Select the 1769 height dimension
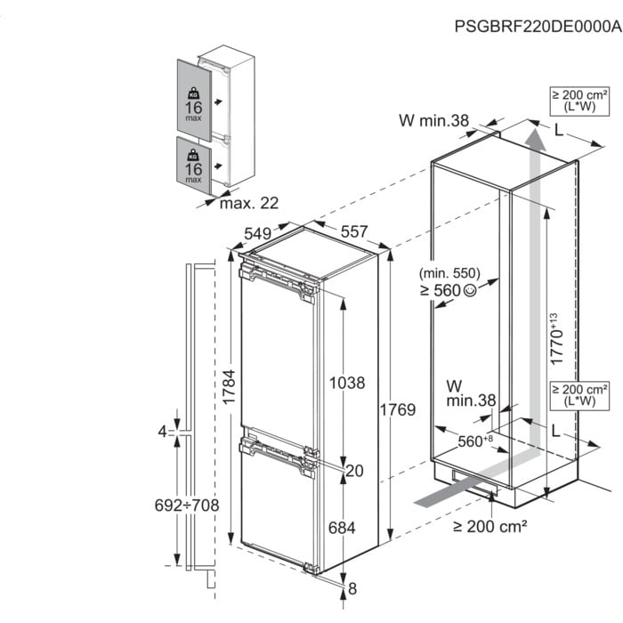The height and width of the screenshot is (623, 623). (397, 409)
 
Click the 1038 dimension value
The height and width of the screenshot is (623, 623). (347, 384)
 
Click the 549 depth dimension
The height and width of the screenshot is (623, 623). (256, 232)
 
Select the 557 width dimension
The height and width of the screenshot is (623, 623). (353, 231)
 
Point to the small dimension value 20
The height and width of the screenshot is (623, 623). (354, 471)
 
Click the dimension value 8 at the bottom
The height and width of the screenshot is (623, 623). (353, 588)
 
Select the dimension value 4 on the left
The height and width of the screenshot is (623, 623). (162, 432)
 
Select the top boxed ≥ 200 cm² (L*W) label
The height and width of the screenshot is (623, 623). (579, 101)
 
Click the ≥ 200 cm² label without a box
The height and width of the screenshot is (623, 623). (490, 526)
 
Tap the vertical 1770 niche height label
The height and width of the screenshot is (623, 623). (554, 339)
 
